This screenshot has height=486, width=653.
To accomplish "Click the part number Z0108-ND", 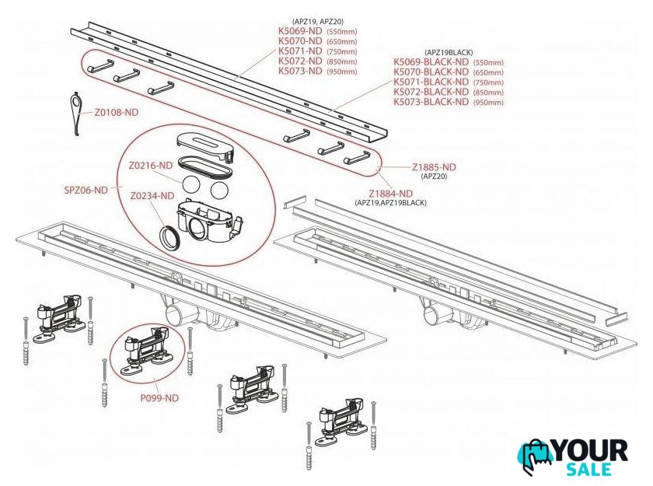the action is pyautogui.click(x=116, y=113).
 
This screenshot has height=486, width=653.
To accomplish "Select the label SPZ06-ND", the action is pyautogui.click(x=86, y=191).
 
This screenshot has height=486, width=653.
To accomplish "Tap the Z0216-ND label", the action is pyautogui.click(x=150, y=166).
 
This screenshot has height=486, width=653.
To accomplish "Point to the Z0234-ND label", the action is pyautogui.click(x=152, y=196).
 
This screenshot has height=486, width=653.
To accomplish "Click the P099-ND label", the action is pyautogui.click(x=159, y=398).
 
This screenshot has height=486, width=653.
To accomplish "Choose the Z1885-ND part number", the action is pyautogui.click(x=434, y=167).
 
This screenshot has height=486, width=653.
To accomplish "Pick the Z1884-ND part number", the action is pyautogui.click(x=390, y=194).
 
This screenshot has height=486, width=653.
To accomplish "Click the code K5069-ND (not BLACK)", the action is pyautogui.click(x=300, y=31).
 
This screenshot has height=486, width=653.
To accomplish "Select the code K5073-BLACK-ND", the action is pyautogui.click(x=431, y=102).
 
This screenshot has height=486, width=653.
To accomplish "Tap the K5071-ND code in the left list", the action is pyautogui.click(x=300, y=51).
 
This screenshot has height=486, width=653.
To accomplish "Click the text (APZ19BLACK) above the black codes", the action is pyautogui.click(x=449, y=53).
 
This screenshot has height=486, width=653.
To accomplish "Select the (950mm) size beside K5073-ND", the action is pyautogui.click(x=342, y=72).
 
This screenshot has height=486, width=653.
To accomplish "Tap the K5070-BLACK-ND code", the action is pyautogui.click(x=431, y=72).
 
